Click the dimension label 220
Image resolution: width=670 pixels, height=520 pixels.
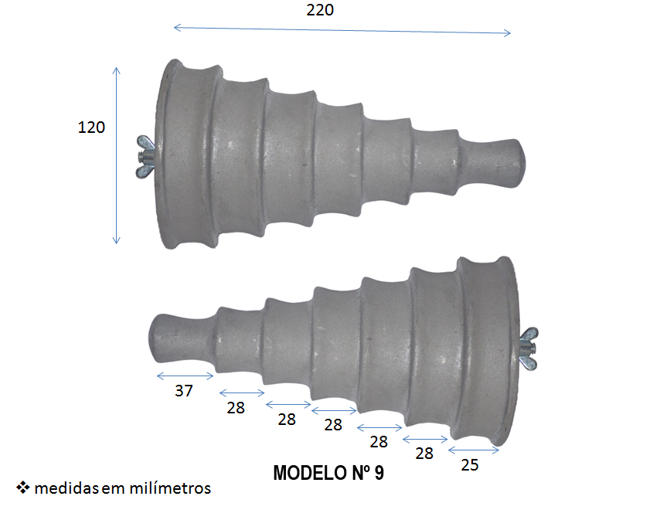click(321, 10)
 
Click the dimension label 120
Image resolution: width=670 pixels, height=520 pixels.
click(91, 127)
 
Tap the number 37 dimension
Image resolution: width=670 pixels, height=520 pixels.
click(183, 391)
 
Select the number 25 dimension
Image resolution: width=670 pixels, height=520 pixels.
click(470, 464)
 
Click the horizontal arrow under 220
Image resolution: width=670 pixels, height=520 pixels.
click(342, 30)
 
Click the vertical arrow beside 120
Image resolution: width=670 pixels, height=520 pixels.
click(117, 155)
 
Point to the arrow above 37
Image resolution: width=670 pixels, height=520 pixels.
click(185, 376)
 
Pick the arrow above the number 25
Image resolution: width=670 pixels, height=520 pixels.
click(473, 450)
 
